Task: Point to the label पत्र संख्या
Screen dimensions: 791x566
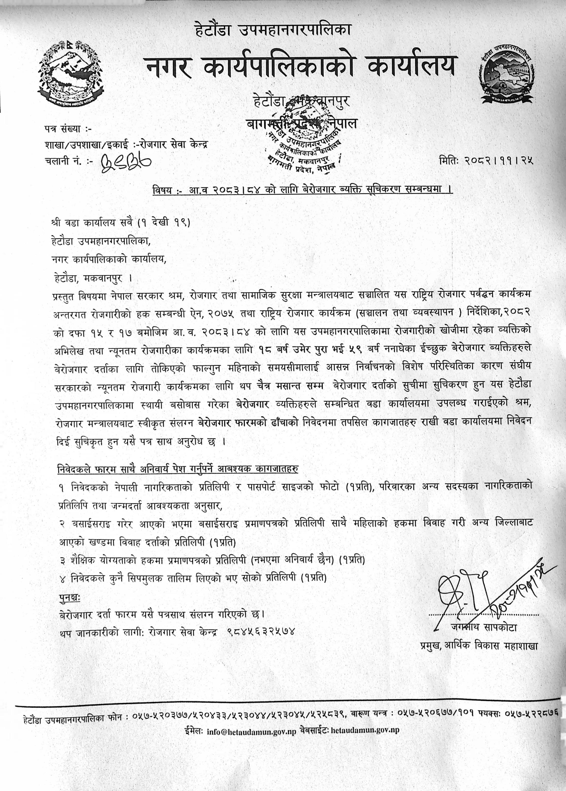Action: (x=68, y=129)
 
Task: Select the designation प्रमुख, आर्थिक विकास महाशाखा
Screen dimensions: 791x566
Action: (x=479, y=645)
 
